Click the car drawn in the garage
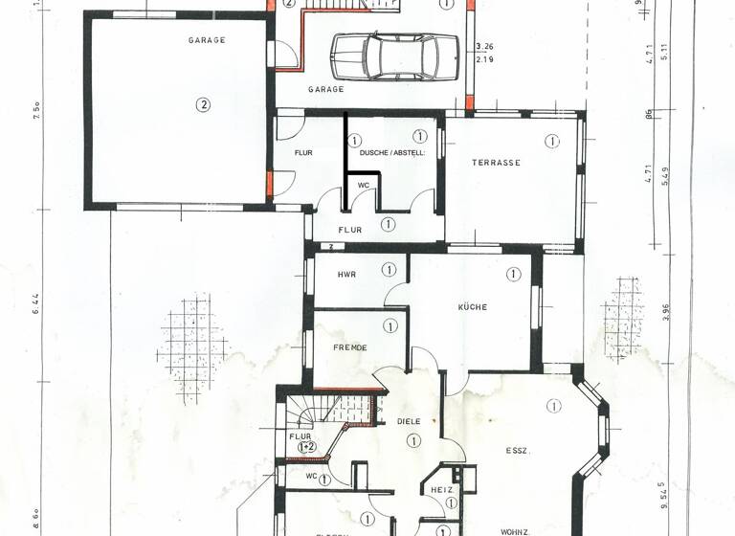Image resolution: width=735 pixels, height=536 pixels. (395, 56)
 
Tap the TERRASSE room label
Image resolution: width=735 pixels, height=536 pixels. (496, 163)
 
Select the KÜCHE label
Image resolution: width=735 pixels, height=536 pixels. (473, 307)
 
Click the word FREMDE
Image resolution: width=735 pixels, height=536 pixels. (350, 348)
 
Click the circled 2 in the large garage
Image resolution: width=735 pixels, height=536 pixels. (203, 105)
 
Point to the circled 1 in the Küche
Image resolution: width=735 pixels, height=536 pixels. (513, 274)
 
